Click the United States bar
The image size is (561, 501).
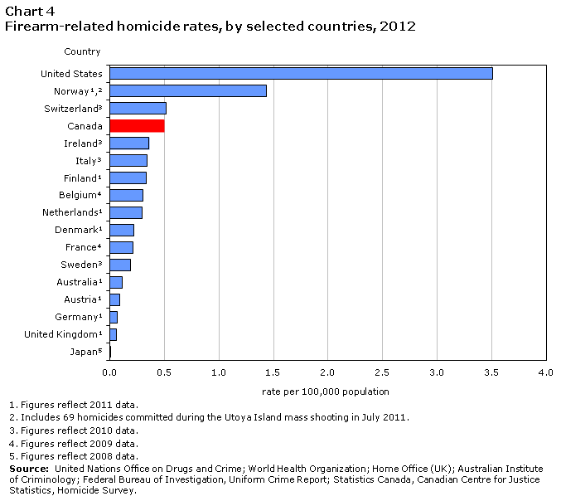(301, 73)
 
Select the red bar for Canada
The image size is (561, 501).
(137, 125)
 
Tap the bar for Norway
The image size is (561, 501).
(188, 90)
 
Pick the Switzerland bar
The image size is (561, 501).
(138, 108)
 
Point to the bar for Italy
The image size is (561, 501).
(128, 160)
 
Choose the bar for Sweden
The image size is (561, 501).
(120, 265)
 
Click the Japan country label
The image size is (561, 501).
(87, 352)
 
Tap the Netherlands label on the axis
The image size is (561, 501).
(72, 212)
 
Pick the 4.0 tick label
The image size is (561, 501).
(545, 374)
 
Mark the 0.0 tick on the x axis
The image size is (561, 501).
(109, 374)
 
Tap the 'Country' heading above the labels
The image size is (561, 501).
(82, 51)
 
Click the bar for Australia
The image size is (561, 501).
(116, 282)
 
